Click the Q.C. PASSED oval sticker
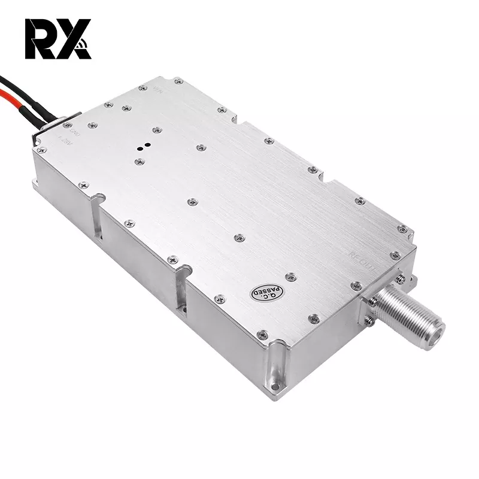click(263, 290)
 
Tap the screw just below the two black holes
click(140, 160)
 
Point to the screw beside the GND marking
click(91, 125)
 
